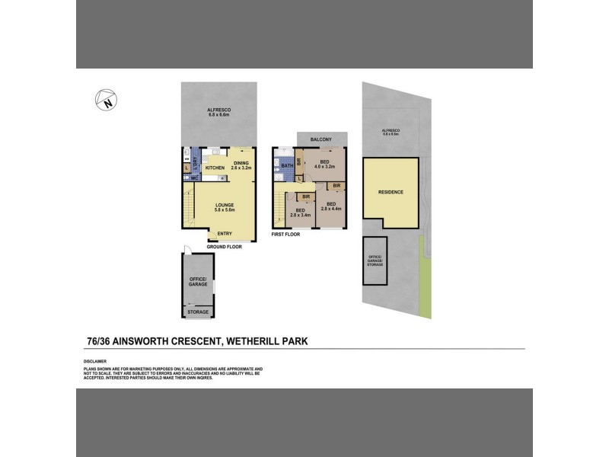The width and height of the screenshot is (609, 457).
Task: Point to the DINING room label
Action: coord(241,164)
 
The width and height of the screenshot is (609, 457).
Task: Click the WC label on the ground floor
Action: coord(194,178)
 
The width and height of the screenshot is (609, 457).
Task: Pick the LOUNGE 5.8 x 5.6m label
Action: coord(224,206)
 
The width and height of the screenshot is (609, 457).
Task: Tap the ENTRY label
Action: coord(225,234)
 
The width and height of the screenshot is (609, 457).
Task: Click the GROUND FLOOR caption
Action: coord(224,248)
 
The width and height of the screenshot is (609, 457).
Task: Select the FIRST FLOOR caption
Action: coord(285,234)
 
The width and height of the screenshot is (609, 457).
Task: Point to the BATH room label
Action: coord(287,165)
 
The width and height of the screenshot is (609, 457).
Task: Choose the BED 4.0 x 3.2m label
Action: coord(325,165)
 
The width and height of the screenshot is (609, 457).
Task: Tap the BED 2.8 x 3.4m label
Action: coord(301,213)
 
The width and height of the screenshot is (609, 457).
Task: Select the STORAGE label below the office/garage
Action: coord(198,312)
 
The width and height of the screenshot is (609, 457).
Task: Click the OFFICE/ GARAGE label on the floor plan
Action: coord(198,283)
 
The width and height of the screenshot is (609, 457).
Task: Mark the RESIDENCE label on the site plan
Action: coord(391,192)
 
